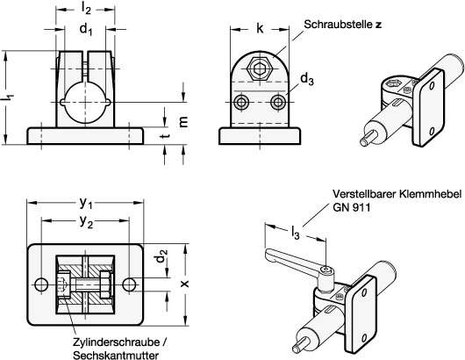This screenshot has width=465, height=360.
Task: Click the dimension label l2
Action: tap(86, 9)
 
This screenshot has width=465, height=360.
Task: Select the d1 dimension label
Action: tap(86, 29)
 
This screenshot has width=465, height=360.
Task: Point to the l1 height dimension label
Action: tap(8, 97)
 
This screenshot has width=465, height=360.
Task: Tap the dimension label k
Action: tap(260, 29)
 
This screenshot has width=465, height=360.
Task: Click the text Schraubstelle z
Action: tap(343, 25)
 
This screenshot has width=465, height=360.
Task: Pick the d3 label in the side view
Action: tap(307, 80)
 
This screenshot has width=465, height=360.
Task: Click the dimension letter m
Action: tap(183, 122)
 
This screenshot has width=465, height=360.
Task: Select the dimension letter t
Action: tap(167, 136)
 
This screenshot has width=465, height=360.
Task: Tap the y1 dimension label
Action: tap(86, 203)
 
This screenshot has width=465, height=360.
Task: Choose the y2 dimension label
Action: tap(86, 221)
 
